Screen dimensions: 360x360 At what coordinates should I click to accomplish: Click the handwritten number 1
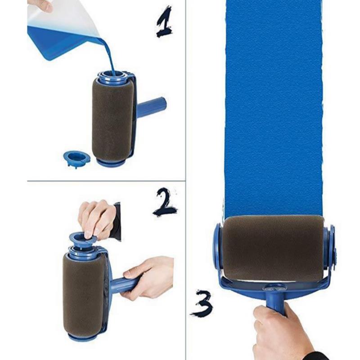164,22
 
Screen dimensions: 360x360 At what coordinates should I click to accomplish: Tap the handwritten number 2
165,202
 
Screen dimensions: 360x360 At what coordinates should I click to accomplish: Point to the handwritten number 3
201,303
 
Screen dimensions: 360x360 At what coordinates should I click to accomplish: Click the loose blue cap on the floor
76,158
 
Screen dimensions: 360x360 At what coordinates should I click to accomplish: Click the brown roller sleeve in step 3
273,248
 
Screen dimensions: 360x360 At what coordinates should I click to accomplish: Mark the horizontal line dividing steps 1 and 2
106,181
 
